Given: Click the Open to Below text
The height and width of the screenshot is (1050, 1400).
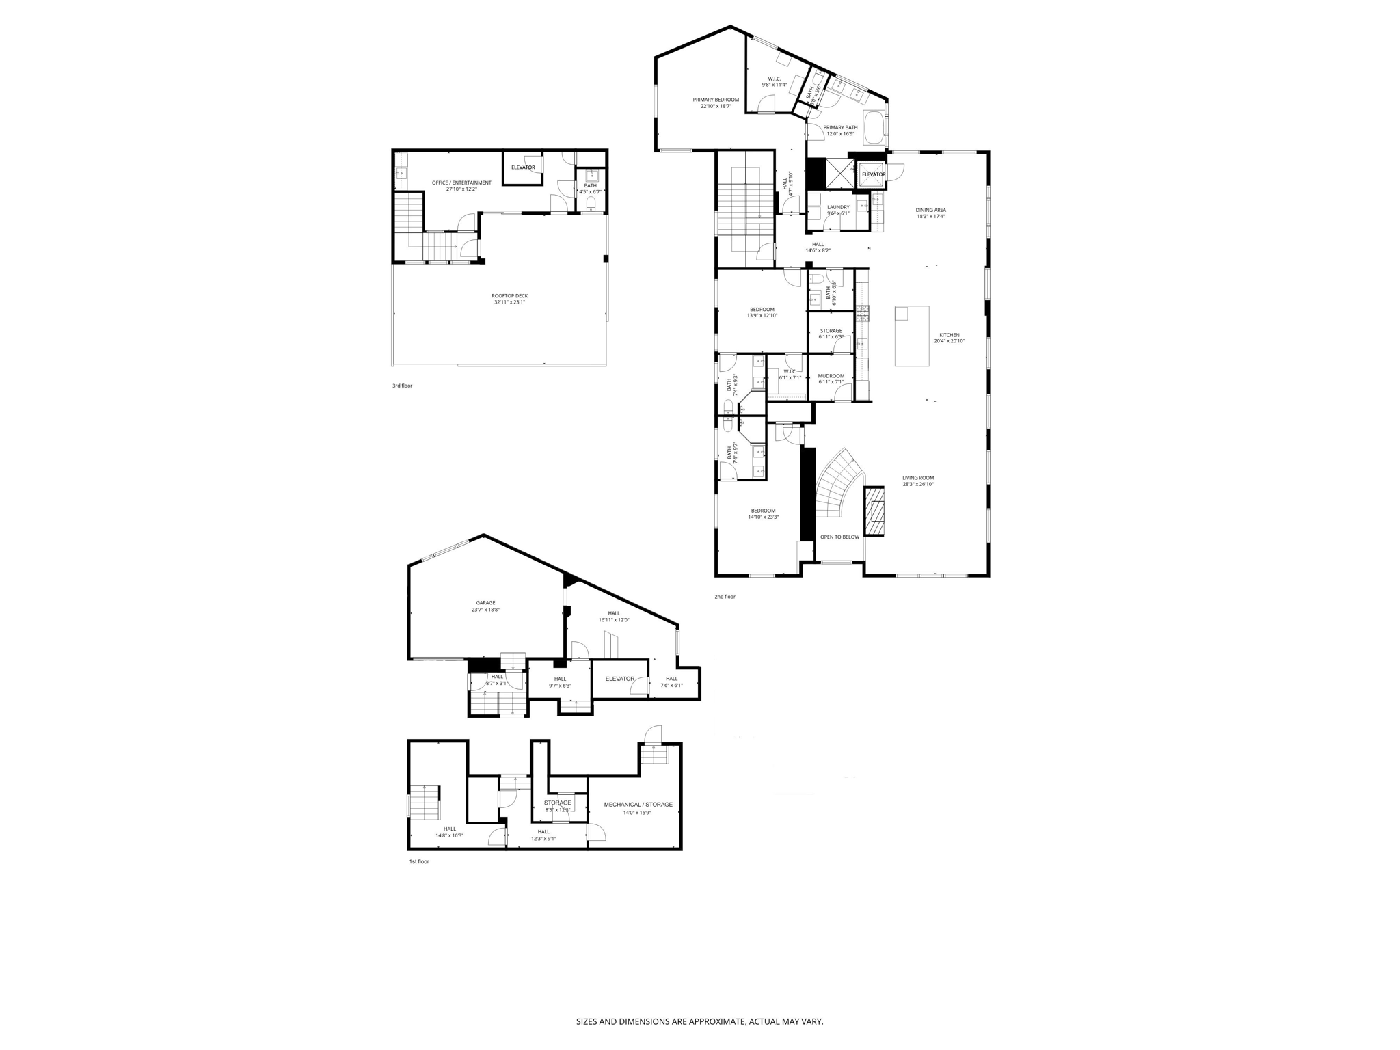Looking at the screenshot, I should pos(839,537).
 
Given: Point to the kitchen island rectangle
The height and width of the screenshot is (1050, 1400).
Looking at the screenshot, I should pos(912,336).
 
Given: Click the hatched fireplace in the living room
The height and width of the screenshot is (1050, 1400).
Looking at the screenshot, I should pos(874,511).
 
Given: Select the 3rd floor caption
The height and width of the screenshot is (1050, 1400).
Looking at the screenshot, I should pos(402,386).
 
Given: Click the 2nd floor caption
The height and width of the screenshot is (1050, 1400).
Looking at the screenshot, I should pos(725,597).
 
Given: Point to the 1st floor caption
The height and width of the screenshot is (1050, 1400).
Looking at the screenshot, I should pos(418,861).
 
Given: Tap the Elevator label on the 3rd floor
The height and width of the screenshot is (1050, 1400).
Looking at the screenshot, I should pos(523,167).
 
